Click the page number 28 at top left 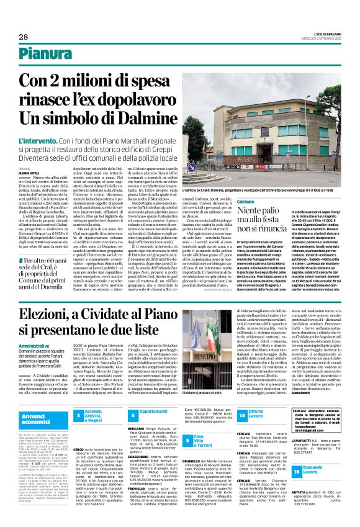[14, 37]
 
